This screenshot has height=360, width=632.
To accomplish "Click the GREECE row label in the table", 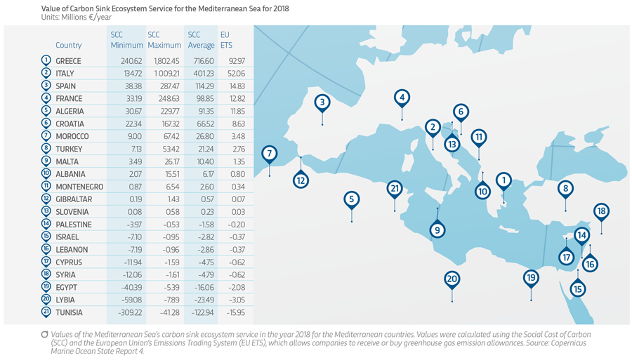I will tap(68, 61).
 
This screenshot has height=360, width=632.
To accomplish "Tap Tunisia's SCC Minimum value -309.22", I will tap(127, 312).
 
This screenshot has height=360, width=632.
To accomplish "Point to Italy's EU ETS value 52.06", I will tap(231, 74).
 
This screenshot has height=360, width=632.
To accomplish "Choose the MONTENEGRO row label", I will tap(79, 187).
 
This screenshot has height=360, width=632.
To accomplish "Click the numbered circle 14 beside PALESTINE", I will tap(46, 225).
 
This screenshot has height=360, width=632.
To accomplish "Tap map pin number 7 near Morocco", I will tap(269, 153).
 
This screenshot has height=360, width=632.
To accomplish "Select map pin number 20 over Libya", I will tap(452, 279).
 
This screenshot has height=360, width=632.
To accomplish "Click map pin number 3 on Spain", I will tap(322, 102).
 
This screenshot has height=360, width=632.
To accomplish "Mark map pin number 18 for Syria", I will tap(601, 211).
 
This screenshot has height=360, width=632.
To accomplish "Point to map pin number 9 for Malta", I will tap(437, 230).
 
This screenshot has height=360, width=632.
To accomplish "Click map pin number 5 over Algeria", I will tap(351, 199).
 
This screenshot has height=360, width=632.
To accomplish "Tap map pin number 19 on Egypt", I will tap(531, 278).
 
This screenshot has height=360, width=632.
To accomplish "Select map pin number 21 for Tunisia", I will tap(395, 188).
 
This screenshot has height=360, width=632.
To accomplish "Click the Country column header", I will tap(68, 45).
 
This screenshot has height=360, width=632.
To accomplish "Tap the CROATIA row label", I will tap(70, 124).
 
